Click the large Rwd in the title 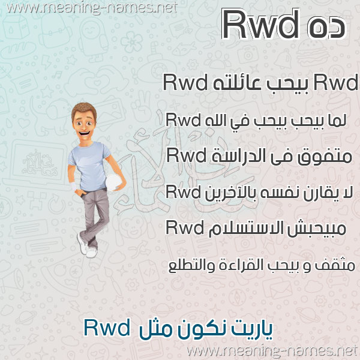[260, 25]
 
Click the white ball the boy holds [113, 182]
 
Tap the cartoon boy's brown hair [84, 110]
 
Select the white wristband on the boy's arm [74, 186]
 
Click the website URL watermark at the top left [92, 8]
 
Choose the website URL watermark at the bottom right [272, 351]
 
